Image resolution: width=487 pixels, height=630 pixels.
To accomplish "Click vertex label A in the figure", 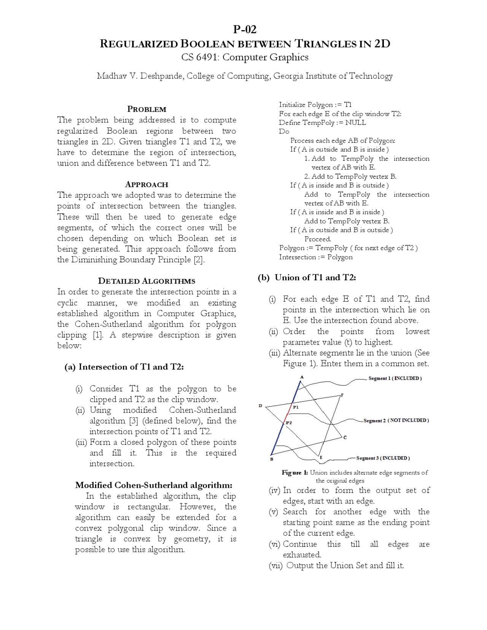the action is coord(302,377).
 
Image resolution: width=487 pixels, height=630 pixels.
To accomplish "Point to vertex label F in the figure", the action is coord(342,395).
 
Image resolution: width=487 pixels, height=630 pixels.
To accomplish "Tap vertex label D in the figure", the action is coord(260,406).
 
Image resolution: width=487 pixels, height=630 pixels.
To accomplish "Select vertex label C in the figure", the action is coord(345,437).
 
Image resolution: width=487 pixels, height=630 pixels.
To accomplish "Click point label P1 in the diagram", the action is coord(296,407).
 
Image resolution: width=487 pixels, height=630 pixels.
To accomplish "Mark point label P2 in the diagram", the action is coord(289,423).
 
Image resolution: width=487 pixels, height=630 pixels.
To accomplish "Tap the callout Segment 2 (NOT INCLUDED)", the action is coord(396,420).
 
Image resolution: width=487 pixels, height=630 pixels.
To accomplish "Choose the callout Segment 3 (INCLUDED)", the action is coord(383,458).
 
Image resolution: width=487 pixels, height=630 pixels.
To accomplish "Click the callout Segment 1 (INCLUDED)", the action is coord(395,378).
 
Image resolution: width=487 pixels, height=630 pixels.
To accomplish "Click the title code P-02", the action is coord(245,29).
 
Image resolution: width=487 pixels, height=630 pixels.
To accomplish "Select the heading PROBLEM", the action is coord(146,109).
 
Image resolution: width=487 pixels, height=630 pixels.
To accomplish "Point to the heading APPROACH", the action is coord(146,185).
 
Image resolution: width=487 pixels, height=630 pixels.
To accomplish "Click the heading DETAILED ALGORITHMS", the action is coord(146,281).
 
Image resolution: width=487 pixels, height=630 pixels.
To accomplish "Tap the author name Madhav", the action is coord(111,76).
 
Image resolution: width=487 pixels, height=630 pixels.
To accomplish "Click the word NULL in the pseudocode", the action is coord(355,123).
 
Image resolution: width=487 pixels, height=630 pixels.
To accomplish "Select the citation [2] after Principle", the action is coord(199,260).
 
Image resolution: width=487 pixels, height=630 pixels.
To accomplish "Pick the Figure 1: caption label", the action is coord(294,473).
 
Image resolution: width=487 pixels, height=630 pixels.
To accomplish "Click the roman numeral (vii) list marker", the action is coord(275,566).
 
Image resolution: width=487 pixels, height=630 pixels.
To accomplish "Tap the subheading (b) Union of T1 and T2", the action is coord(307,277).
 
